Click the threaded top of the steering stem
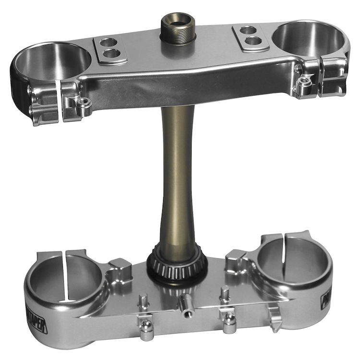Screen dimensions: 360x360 [177, 30]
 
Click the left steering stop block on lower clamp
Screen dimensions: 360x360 [120, 267]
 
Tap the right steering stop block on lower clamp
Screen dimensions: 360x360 [235, 259]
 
